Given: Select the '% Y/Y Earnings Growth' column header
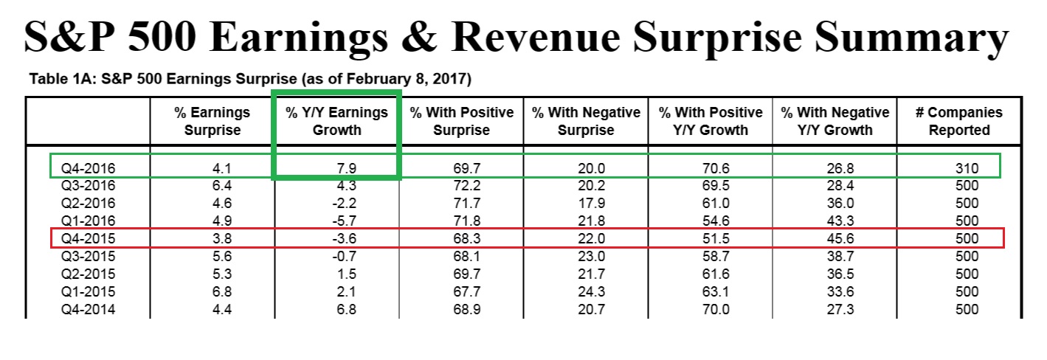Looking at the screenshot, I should click(x=336, y=122).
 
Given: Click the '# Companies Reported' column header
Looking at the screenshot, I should click(x=958, y=122).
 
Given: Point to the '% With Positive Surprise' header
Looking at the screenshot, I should click(x=462, y=122).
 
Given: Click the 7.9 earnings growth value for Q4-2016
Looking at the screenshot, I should click(x=336, y=167).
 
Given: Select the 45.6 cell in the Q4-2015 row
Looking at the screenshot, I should click(x=835, y=238).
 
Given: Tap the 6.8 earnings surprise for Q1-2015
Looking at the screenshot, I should click(x=212, y=291).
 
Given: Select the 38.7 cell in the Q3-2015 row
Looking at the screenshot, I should click(x=835, y=256).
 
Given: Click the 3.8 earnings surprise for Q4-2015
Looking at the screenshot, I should click(x=212, y=238).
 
